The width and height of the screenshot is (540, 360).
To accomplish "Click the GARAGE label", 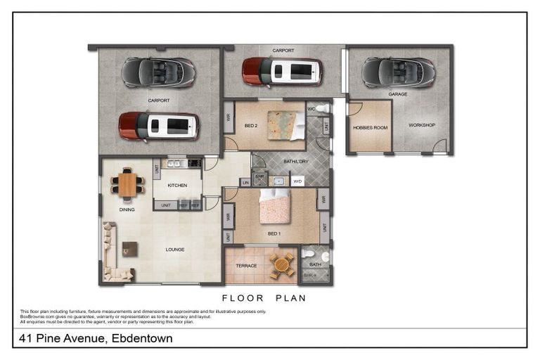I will tap(398, 94).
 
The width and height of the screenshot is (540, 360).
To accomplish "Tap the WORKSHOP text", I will tap(422, 125).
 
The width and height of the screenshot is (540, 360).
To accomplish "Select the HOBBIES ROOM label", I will tap(370, 127).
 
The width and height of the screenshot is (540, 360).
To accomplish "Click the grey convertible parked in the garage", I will tap(398, 72).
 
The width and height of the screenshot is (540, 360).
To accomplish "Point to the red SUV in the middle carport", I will tap(282, 71).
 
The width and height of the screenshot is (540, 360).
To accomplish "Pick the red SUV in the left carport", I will tap(158, 126).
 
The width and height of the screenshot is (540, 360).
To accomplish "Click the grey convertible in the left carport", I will tap(158, 72).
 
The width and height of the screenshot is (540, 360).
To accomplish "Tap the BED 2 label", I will tap(252, 126).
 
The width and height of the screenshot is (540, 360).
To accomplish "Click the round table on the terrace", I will tap(282, 265).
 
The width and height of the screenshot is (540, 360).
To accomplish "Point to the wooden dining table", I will tap(127, 185).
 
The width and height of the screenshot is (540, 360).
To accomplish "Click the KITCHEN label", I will tap(176, 186).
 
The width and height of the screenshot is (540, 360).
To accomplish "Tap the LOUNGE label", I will tap(175, 249).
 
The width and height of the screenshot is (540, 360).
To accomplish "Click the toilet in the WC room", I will tap(321, 108).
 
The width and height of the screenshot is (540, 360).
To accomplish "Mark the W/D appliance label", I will tap(297, 181).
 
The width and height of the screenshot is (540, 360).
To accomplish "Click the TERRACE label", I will tap(246, 266).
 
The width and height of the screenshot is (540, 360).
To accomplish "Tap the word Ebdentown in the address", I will tap(140, 339).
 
